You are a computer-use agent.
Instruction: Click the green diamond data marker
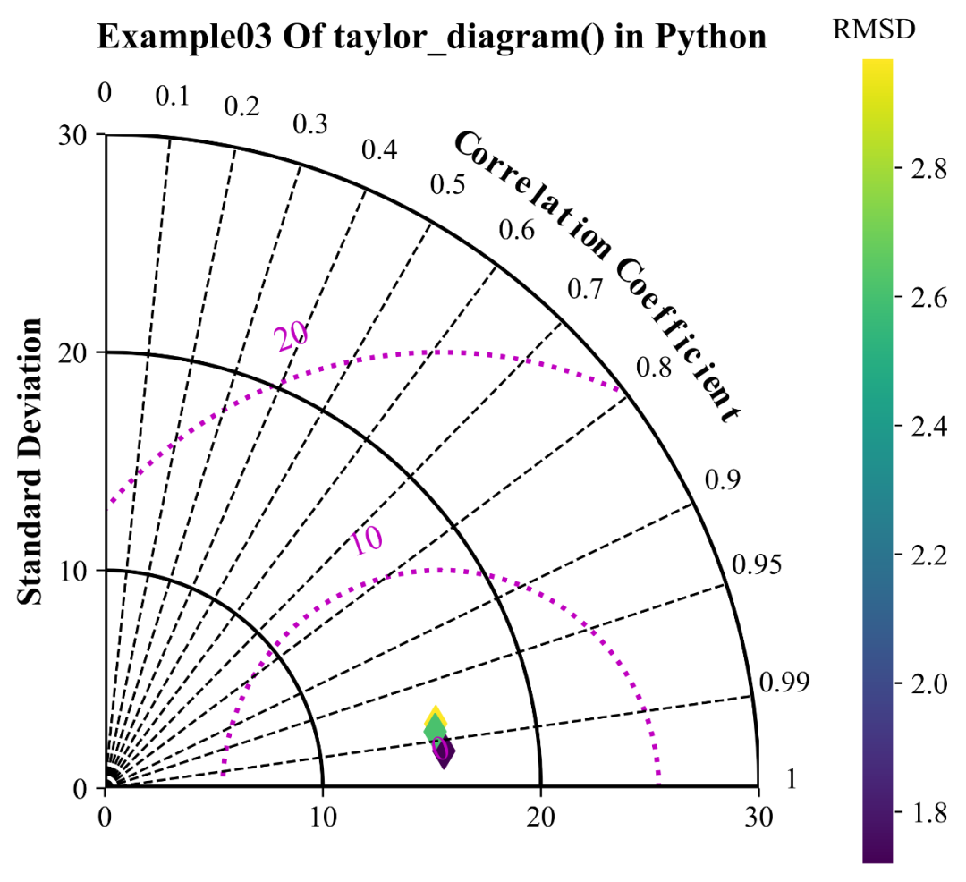tap(435, 729)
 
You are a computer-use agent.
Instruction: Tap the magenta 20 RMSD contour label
tap(291, 336)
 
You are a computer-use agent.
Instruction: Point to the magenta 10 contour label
tap(367, 541)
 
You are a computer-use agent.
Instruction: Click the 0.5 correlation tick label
tap(447, 185)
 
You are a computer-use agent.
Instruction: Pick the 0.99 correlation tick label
tap(784, 684)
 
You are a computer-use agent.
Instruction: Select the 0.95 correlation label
tap(757, 565)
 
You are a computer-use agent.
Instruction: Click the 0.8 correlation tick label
tap(654, 366)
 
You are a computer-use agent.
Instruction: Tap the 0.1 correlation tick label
tap(173, 97)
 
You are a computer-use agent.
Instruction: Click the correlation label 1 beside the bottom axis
tap(791, 780)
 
